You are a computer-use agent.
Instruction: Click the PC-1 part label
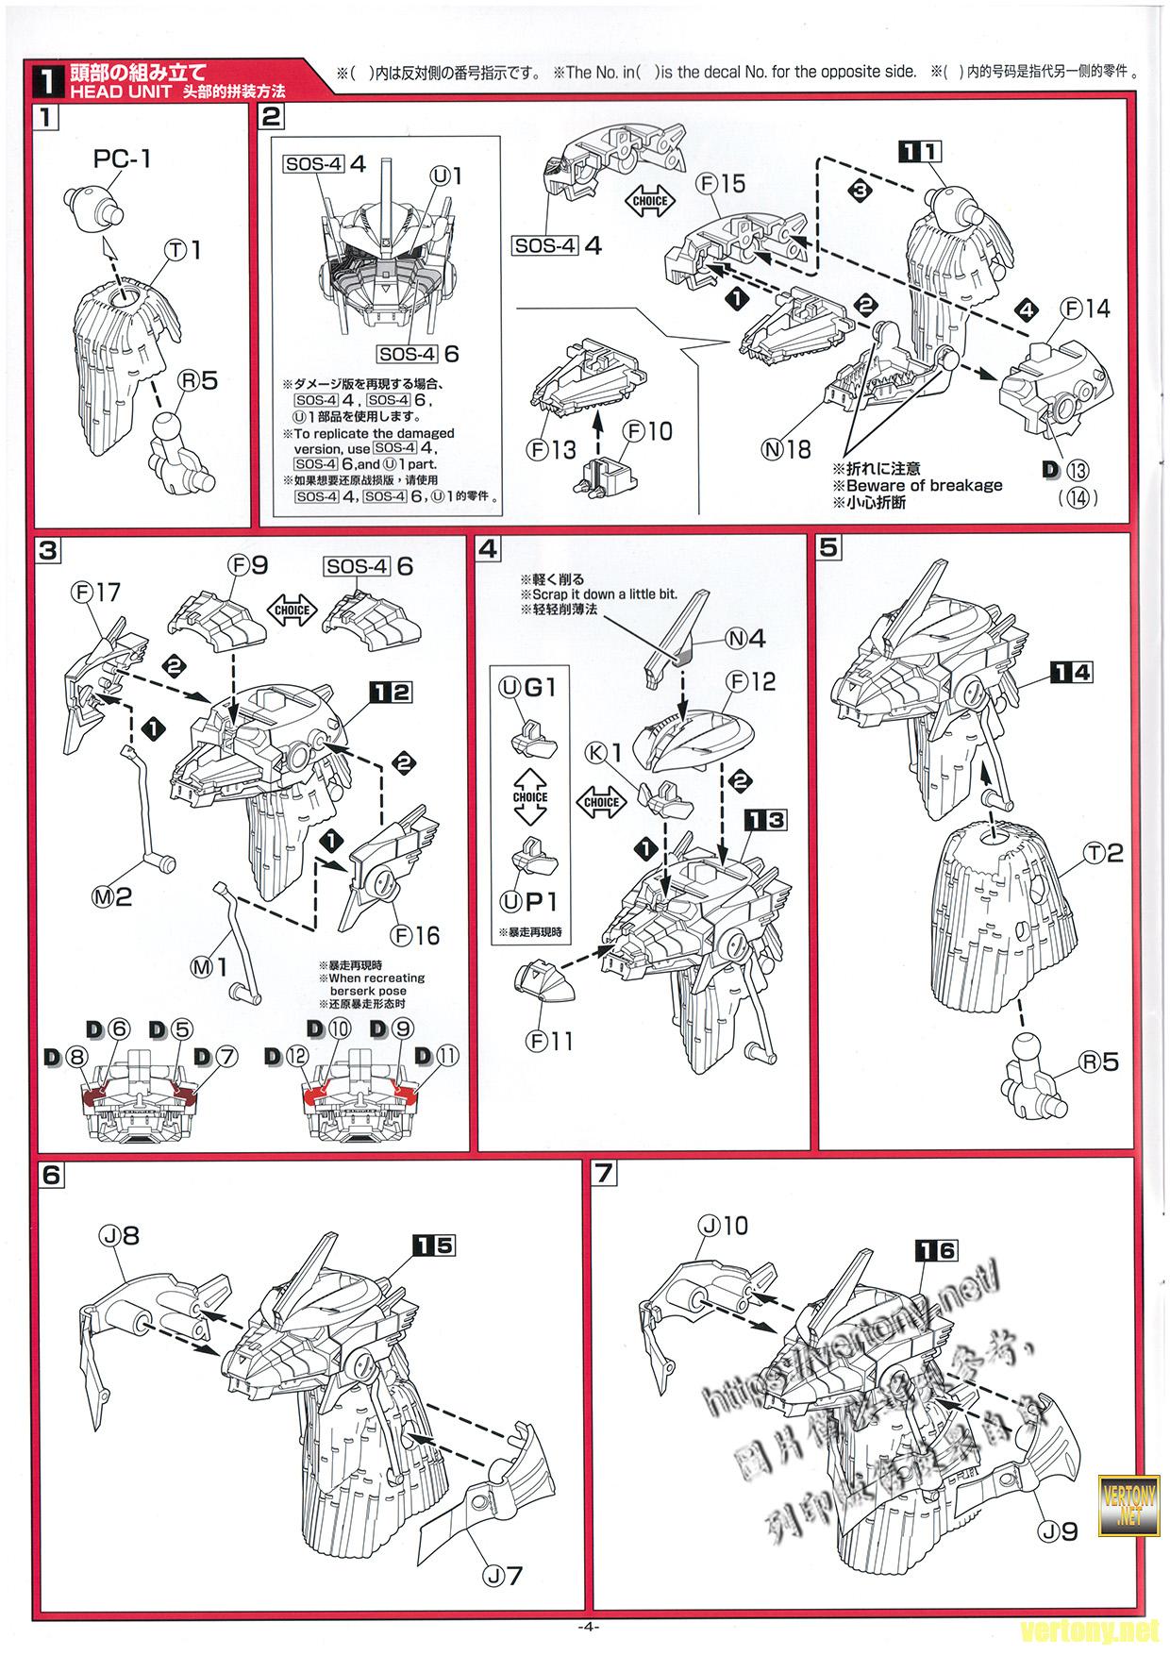click(122, 159)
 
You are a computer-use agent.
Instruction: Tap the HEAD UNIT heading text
click(120, 92)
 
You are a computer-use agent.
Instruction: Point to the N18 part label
click(787, 449)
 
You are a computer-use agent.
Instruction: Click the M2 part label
click(110, 897)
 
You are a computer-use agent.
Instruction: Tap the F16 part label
click(416, 935)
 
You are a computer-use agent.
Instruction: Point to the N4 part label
click(745, 638)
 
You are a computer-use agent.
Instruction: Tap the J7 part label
click(502, 1575)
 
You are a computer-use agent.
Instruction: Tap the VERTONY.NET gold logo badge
click(1128, 1508)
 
